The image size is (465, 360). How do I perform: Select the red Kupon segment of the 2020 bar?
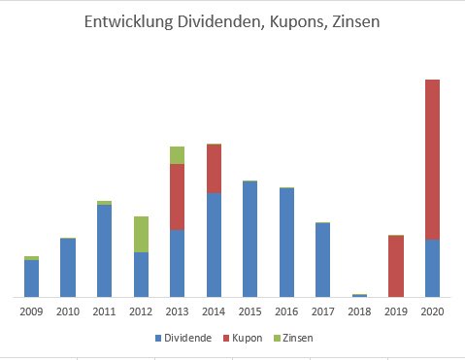tap(432, 159)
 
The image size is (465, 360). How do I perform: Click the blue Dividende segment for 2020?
tap(432, 268)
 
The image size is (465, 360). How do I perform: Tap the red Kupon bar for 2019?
tap(396, 266)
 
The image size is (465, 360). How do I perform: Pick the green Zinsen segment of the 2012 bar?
tap(141, 234)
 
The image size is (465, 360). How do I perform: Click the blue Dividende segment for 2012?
tap(141, 275)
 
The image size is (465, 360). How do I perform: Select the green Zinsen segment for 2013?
tap(177, 155)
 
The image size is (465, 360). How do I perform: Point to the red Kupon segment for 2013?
tap(177, 197)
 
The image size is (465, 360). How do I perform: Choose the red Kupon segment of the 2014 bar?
tap(214, 169)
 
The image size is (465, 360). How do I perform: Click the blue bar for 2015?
tap(249, 239)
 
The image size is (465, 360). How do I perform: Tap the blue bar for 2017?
tap(322, 260)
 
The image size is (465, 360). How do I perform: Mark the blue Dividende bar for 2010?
tap(68, 268)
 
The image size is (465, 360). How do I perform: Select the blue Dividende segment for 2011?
tap(105, 250)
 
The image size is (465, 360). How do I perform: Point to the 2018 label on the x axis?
tap(359, 311)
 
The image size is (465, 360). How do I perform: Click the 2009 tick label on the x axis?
tap(32, 311)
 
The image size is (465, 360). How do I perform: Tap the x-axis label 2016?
tap(286, 311)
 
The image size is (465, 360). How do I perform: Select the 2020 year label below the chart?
tap(432, 311)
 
